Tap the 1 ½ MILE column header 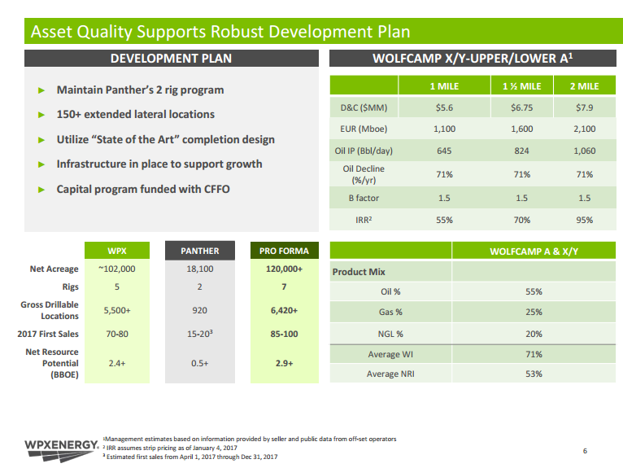click(522, 86)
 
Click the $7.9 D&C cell click(584, 107)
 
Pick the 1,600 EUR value click(522, 129)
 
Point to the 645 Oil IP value click(445, 151)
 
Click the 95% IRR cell click(584, 219)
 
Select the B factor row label click(364, 197)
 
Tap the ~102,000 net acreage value click(116, 269)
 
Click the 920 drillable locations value click(198, 310)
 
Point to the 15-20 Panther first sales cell click(199, 334)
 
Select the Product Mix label click(359, 272)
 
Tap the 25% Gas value click(534, 312)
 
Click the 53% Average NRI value click(534, 374)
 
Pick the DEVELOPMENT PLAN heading click(171, 58)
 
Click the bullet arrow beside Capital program click(41, 190)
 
